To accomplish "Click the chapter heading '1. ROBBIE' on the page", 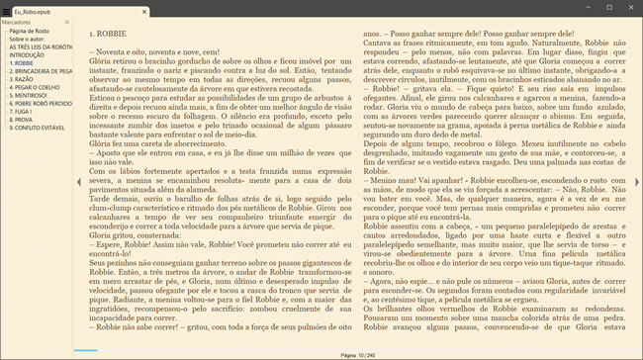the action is pos(106,34).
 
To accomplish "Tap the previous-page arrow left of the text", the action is pos(78,183).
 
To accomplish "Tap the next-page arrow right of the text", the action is pos(637,183).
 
